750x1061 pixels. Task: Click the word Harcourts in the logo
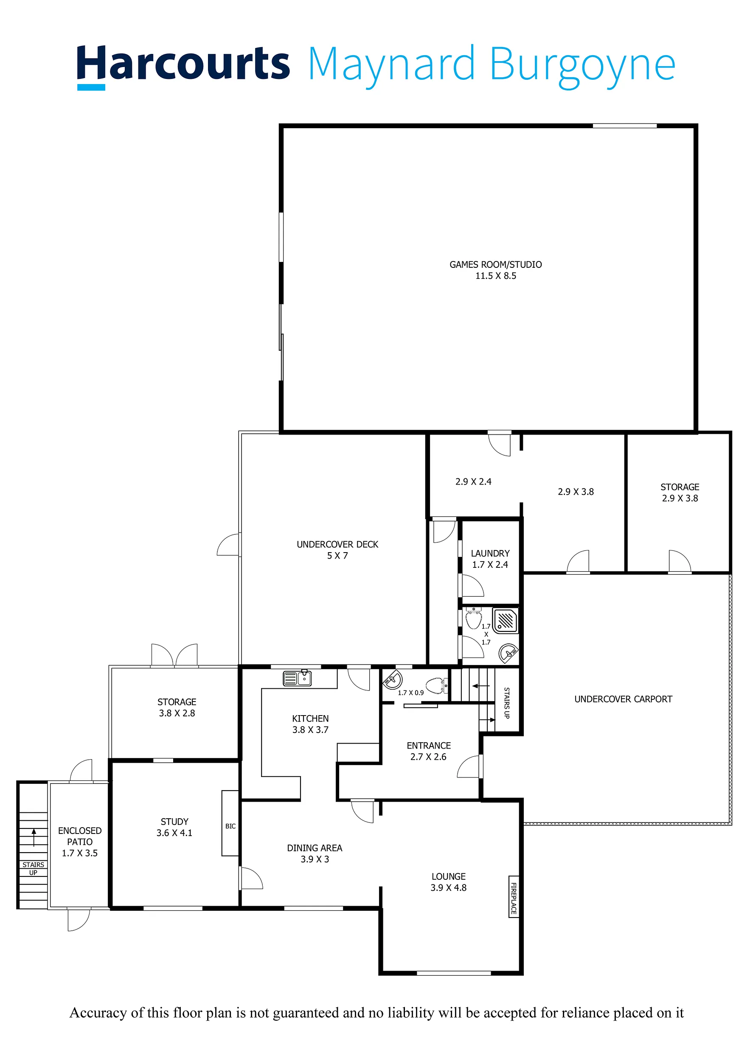183,65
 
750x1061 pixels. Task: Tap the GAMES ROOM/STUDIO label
495,265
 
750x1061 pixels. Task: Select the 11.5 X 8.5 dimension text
495,276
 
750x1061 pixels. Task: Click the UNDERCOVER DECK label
337,545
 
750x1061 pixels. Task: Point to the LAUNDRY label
490,553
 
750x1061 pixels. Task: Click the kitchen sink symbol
297,678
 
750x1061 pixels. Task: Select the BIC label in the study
230,826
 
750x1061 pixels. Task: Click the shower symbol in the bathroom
506,620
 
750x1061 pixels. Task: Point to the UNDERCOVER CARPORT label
623,699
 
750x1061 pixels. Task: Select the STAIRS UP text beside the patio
33,868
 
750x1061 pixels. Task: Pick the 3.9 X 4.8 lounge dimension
448,887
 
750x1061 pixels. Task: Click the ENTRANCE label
428,745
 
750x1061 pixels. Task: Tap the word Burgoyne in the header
583,67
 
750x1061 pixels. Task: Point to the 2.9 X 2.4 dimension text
473,482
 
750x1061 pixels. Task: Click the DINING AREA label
314,848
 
